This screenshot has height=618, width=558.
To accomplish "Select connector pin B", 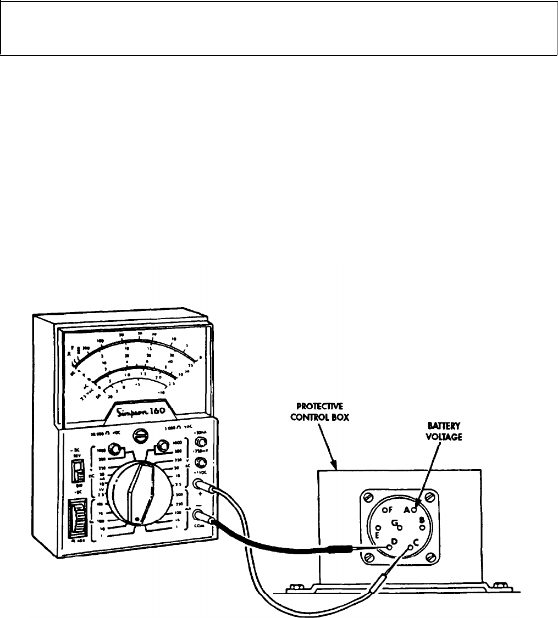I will click(422, 527).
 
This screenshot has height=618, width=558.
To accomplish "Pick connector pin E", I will click(378, 528).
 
